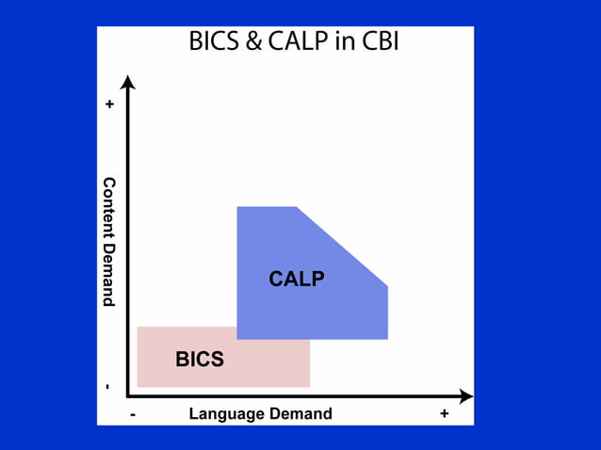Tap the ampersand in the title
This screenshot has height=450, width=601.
[x=252, y=41]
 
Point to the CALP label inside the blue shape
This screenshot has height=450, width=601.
[x=296, y=279]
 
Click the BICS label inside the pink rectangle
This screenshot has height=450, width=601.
[x=200, y=359]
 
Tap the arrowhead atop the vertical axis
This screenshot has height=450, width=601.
[x=129, y=82]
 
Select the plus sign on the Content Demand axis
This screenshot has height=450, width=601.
[x=109, y=104]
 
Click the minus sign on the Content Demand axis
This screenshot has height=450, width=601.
[x=108, y=386]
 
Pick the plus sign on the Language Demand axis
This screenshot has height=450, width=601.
[x=444, y=413]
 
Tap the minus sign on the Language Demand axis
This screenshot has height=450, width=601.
[x=133, y=414]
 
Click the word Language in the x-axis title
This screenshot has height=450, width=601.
[x=224, y=413]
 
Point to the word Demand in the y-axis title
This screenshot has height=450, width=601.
[x=108, y=272]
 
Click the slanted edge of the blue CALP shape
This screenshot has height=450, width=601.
[x=342, y=246]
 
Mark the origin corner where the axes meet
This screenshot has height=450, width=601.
[x=129, y=396]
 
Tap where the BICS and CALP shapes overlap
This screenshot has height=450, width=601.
[x=273, y=332]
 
